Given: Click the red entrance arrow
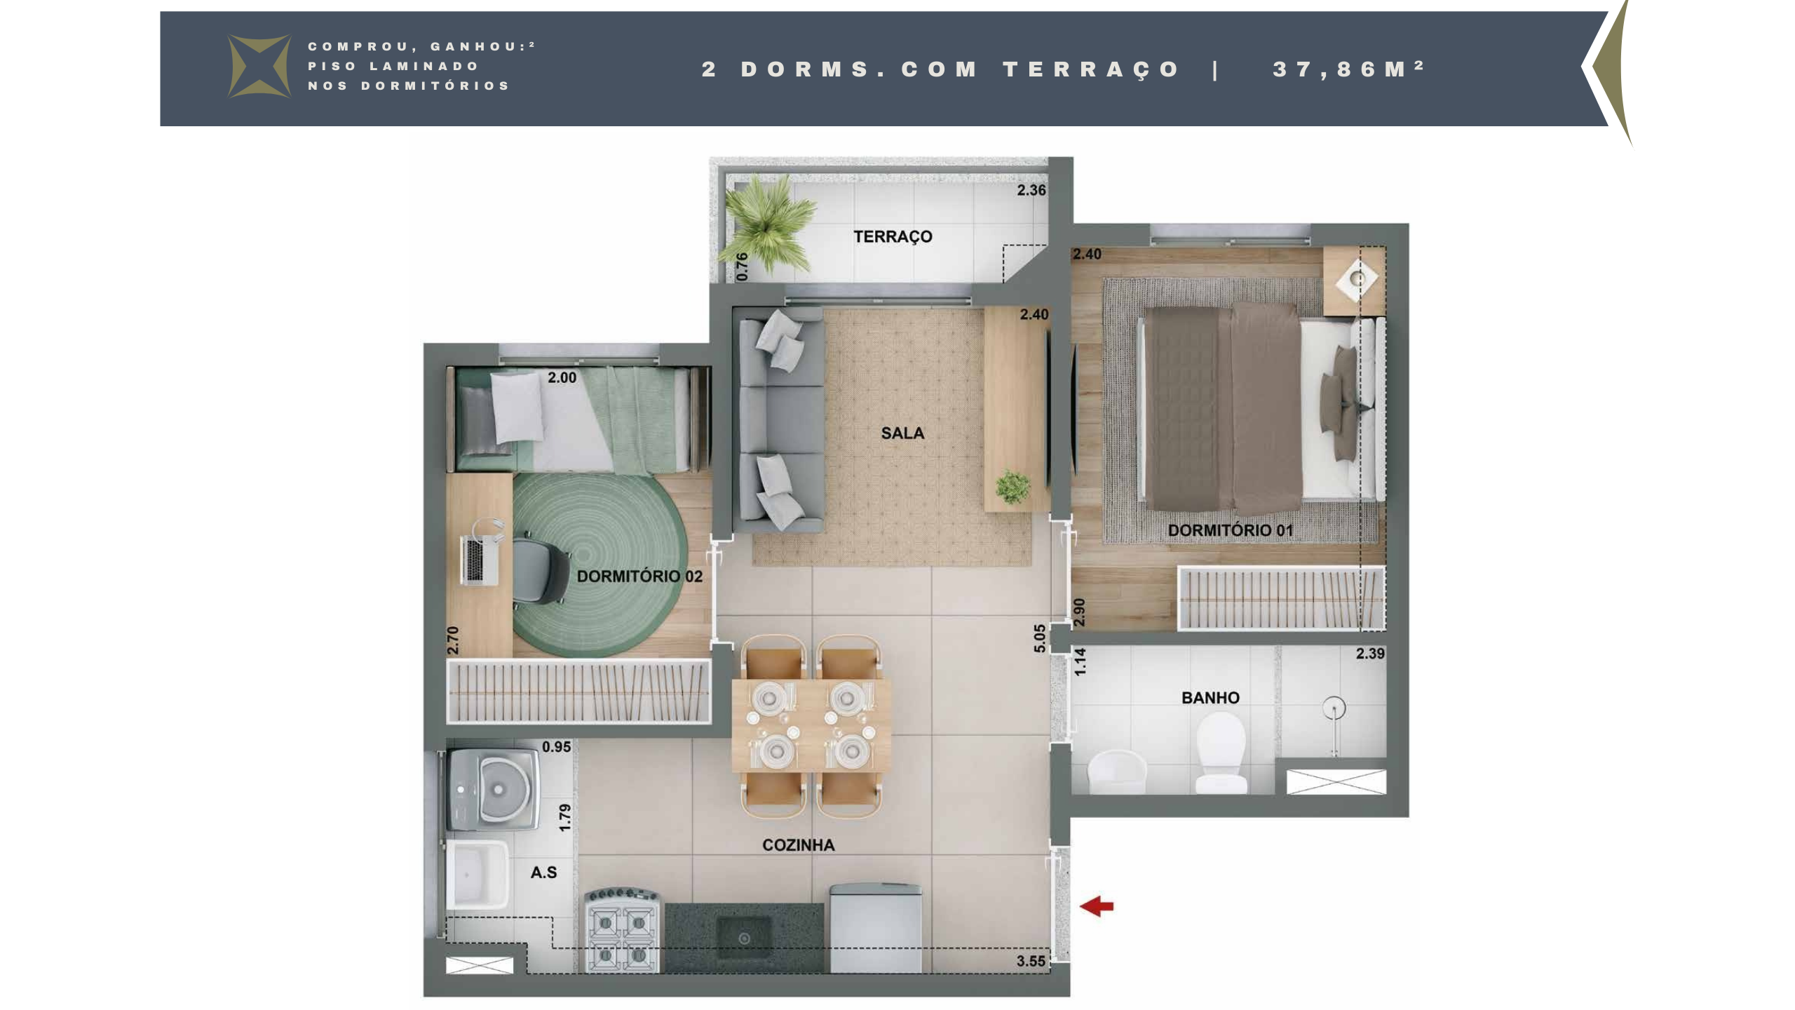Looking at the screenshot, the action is point(1097,906).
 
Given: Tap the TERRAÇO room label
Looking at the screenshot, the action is point(893,237).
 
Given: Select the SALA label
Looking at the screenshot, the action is point(902,433).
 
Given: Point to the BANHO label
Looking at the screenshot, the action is point(1210,698).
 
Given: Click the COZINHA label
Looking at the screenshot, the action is point(799,845).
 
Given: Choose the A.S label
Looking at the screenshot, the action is point(543,873).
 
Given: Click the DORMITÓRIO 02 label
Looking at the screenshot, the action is point(639,577).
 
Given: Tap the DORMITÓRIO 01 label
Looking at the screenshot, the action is point(1231,530).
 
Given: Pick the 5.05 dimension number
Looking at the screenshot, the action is point(1039,638).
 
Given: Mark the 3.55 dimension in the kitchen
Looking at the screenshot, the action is point(1031,961).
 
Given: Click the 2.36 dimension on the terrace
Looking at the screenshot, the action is point(1031,190).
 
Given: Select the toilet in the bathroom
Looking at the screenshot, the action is point(1221,752).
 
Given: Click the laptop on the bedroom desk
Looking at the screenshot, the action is point(480,559).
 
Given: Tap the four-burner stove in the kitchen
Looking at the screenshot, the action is point(622,931).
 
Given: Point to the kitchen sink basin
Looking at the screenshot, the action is point(744,938).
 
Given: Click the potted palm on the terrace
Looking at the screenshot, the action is point(767,223).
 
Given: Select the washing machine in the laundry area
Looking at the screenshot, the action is point(492,790).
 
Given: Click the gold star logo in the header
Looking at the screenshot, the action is point(259,67).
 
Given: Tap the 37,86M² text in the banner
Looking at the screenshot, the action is point(1349,69).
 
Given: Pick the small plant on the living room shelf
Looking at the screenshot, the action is point(1012,486).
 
